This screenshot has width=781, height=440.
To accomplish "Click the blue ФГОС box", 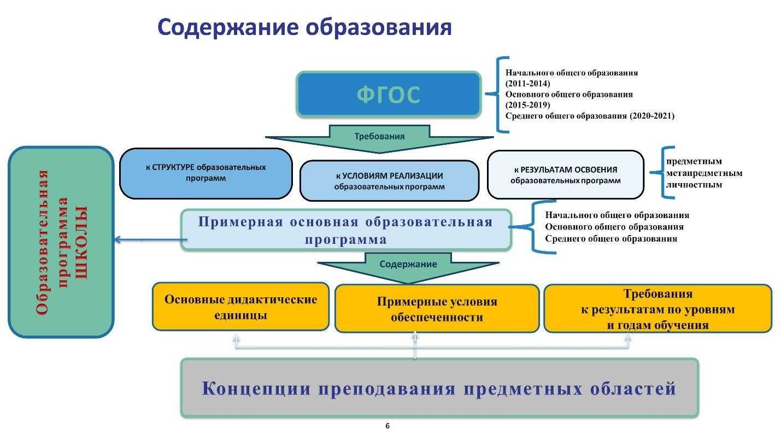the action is coord(389,95).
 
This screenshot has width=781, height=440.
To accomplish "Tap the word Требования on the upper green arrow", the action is coord(379,136).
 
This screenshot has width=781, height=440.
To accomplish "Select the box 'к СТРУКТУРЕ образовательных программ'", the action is coord(205,173).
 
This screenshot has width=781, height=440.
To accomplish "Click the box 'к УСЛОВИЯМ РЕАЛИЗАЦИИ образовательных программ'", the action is coord(389,181).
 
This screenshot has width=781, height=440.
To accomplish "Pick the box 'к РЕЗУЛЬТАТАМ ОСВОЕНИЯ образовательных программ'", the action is coord(565,175).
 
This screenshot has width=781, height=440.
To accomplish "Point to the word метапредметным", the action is coord(704,173).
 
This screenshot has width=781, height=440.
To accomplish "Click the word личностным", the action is coord(694,185).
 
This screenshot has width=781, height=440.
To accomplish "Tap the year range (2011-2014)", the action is coord(527,83).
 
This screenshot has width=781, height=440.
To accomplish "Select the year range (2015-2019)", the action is coord(527,104).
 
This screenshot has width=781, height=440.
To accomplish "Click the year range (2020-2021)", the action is coord(651,116).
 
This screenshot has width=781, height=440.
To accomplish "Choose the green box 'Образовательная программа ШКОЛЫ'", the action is coord(61,242).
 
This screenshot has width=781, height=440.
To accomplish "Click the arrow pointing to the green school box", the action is coord(151,239).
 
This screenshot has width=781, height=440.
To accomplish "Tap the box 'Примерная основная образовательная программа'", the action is coord(346,230).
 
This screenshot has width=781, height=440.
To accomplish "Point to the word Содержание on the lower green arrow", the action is coord(408,264).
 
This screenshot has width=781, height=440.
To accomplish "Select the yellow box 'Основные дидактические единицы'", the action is coord(240,307).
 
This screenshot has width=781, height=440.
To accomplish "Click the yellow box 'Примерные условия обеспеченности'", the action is coord(437,309).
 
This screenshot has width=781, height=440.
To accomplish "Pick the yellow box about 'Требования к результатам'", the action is coord(658,309).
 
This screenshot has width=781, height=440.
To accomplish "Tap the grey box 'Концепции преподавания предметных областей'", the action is coord(439,388).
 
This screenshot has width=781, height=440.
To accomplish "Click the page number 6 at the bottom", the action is coord(387,426).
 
